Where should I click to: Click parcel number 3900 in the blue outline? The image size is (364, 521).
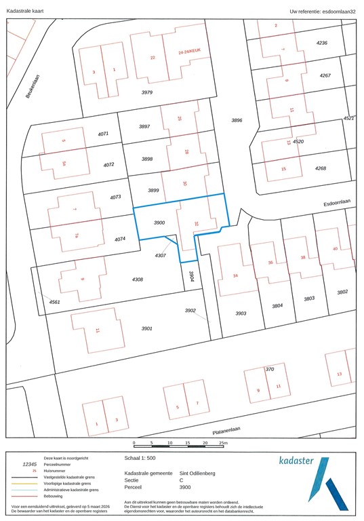(x=159, y=223)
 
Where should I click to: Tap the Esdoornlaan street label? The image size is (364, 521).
(x=338, y=202)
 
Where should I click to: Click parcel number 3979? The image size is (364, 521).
(x=147, y=92)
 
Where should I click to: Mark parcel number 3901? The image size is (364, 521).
(x=147, y=328)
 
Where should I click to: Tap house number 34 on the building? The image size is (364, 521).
(x=235, y=275)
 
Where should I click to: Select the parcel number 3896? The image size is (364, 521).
(x=237, y=120)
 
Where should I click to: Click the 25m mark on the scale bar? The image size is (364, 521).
(x=223, y=443)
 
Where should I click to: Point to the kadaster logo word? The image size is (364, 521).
(x=296, y=461)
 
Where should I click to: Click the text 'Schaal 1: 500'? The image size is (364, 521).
(x=141, y=459)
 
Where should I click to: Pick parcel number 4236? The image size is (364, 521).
(x=322, y=43)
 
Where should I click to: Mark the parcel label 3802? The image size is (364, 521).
(x=342, y=292)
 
